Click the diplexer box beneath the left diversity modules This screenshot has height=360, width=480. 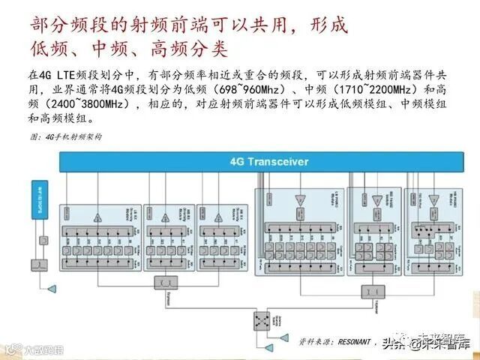pyautogui.click(x=163, y=282)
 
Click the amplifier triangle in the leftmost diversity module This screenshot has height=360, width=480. pyautogui.click(x=97, y=217)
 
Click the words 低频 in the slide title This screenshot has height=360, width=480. pyautogui.click(x=49, y=50)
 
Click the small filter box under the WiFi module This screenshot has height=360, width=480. pyautogui.click(x=43, y=241)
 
